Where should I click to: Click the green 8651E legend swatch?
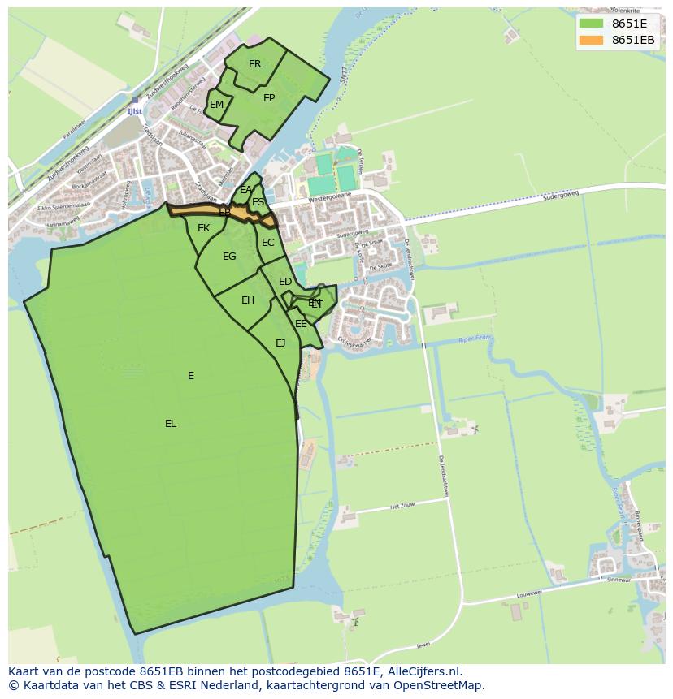pos(592,24)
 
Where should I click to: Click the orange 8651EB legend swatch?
pos(592,40)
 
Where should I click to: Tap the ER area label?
pos(255,64)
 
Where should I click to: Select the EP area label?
pos(269,98)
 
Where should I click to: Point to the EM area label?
pos(216,105)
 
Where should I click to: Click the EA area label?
pos(245,191)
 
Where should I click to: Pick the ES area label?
pos(258,202)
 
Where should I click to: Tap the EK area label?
pos(203,228)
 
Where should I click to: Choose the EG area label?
pos(229,257)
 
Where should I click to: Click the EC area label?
pos(267,243)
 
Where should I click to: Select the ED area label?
pos(285,282)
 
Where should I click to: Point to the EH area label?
pos(248,300)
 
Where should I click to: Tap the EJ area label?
pos(280,343)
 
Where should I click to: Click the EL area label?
pos(171,424)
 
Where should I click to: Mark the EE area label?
pos(301,324)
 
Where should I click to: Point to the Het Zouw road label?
pos(403,506)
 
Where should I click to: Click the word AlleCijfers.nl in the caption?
pos(421,671)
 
